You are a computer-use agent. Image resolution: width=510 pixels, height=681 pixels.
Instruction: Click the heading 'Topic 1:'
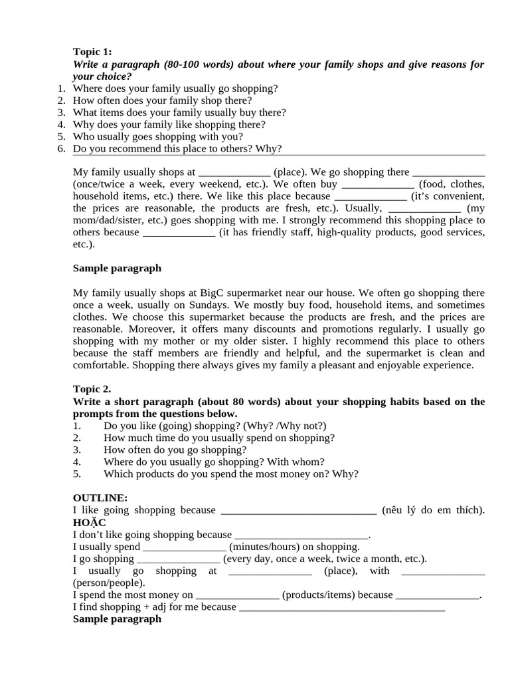click(x=92, y=52)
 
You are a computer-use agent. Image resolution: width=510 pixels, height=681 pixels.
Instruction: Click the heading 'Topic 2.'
click(x=92, y=389)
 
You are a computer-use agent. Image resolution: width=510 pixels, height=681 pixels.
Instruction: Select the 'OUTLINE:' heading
click(x=100, y=497)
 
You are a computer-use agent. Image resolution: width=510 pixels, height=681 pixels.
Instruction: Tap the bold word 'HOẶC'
click(x=89, y=522)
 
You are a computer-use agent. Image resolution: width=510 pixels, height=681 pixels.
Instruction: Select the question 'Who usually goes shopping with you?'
click(x=158, y=136)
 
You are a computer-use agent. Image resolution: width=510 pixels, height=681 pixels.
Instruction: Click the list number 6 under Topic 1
click(x=61, y=148)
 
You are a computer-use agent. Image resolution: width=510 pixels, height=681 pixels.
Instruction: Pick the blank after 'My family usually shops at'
click(x=234, y=172)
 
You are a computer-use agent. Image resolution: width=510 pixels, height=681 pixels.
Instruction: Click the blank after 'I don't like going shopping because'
click(x=301, y=535)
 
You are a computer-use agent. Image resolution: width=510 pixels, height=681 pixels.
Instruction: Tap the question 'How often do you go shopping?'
click(x=165, y=450)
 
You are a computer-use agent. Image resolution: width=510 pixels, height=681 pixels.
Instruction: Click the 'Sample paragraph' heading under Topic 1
click(x=117, y=269)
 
